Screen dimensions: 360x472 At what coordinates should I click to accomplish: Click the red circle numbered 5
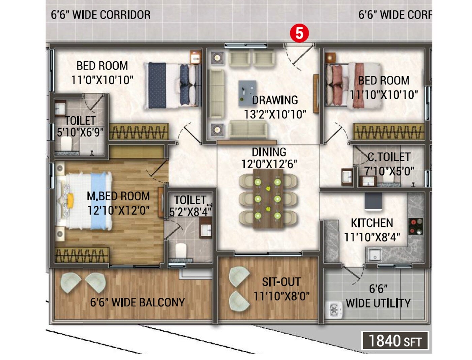pyautogui.click(x=299, y=33)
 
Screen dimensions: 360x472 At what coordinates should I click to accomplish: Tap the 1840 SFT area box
pyautogui.click(x=395, y=341)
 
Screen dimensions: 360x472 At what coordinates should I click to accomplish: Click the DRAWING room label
pyautogui.click(x=275, y=100)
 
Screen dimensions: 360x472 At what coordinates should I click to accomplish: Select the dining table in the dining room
pyautogui.click(x=268, y=199)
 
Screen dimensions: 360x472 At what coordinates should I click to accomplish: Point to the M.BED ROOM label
pyautogui.click(x=118, y=196)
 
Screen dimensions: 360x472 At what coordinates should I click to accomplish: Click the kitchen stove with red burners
pyautogui.click(x=415, y=226)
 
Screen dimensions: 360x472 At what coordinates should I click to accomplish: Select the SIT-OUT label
pyautogui.click(x=281, y=282)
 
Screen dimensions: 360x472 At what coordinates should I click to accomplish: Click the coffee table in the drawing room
pyautogui.click(x=248, y=91)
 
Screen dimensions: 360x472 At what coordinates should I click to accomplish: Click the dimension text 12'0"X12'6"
pyautogui.click(x=269, y=164)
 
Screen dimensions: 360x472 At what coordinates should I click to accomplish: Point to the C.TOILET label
pyautogui.click(x=389, y=157)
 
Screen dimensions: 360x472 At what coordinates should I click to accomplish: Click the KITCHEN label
pyautogui.click(x=372, y=223)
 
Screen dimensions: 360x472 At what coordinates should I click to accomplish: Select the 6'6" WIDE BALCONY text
pyautogui.click(x=137, y=302)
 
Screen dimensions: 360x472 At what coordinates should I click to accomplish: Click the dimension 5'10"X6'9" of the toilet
pyautogui.click(x=80, y=132)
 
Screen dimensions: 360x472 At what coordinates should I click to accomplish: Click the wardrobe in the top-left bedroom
pyautogui.click(x=139, y=132)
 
